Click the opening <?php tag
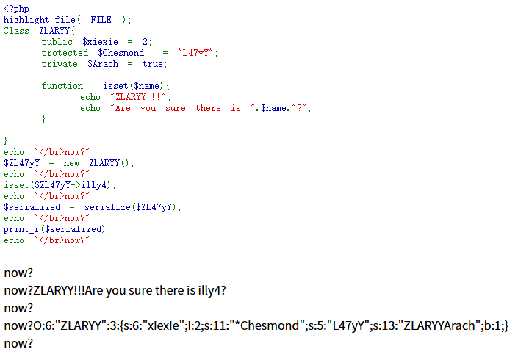[16, 9]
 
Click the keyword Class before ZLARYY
[16, 31]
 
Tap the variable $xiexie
[100, 42]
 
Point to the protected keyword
[65, 53]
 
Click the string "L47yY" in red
[195, 52]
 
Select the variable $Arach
[103, 64]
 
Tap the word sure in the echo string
[176, 108]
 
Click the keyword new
[71, 163]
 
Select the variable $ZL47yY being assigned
[21, 163]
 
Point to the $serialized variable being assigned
[32, 207]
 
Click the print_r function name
[21, 229]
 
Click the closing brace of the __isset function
[43, 118]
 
